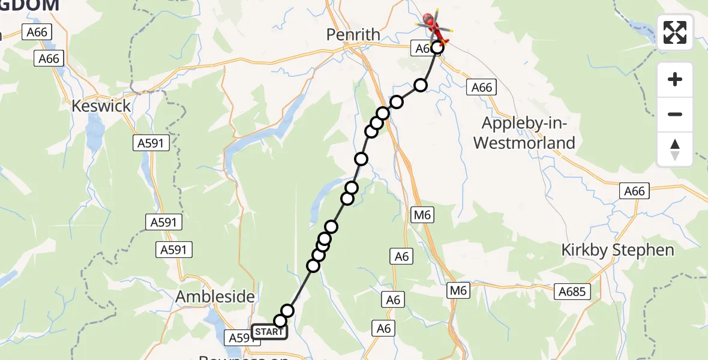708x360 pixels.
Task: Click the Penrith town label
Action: (353, 35)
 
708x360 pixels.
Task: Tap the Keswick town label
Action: (100, 106)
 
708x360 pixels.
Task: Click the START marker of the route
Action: (269, 332)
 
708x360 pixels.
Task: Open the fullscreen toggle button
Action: (675, 32)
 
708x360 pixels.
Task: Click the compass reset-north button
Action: (675, 149)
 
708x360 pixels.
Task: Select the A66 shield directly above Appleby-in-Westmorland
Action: (481, 88)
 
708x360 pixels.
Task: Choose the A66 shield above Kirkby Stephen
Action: (634, 191)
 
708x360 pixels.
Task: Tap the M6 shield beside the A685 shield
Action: (459, 291)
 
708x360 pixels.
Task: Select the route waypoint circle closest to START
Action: (280, 321)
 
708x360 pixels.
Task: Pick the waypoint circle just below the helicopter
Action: (437, 48)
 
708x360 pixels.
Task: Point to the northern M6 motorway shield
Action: (424, 215)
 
